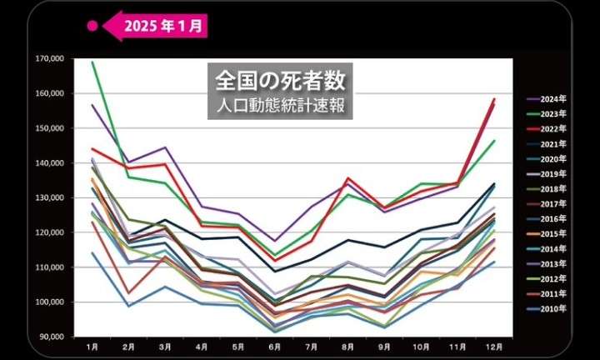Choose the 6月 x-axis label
click(x=274, y=346)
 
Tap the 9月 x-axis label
click(x=384, y=346)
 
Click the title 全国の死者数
click(x=279, y=81)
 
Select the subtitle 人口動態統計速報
click(x=279, y=106)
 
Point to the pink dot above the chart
click(x=93, y=26)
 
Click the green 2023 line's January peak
click(x=92, y=62)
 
